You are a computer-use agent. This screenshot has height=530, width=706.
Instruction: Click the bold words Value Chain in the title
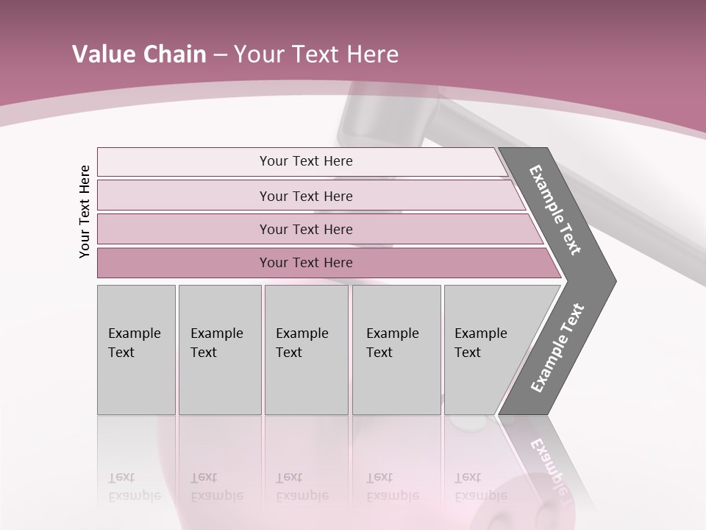[x=139, y=54]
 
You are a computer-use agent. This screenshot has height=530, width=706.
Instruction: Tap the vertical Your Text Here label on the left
[x=85, y=211]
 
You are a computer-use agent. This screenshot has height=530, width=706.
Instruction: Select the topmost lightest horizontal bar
[x=184, y=162]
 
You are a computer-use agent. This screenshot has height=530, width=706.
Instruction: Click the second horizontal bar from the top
[x=184, y=196]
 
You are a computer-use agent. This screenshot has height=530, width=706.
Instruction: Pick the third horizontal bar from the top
[x=184, y=229]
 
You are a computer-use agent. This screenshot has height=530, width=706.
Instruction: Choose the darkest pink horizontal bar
[x=184, y=263]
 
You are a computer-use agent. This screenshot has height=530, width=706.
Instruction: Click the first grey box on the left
[x=136, y=350]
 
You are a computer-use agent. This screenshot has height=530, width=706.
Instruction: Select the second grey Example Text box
[x=220, y=350]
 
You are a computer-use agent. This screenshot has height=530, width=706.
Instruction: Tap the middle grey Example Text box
[x=306, y=350]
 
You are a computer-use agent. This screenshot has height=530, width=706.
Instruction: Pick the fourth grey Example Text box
[x=396, y=350]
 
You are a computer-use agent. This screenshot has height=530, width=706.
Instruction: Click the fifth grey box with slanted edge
[x=485, y=350]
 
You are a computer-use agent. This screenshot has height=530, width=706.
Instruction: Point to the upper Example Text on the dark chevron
[x=556, y=210]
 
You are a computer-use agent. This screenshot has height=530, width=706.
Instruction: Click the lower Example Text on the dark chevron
[x=557, y=348]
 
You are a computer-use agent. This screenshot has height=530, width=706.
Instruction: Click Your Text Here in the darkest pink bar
[x=306, y=263]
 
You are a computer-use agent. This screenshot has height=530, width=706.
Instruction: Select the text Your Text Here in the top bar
[x=306, y=161]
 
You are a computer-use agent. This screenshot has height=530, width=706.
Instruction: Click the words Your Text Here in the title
[x=316, y=54]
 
